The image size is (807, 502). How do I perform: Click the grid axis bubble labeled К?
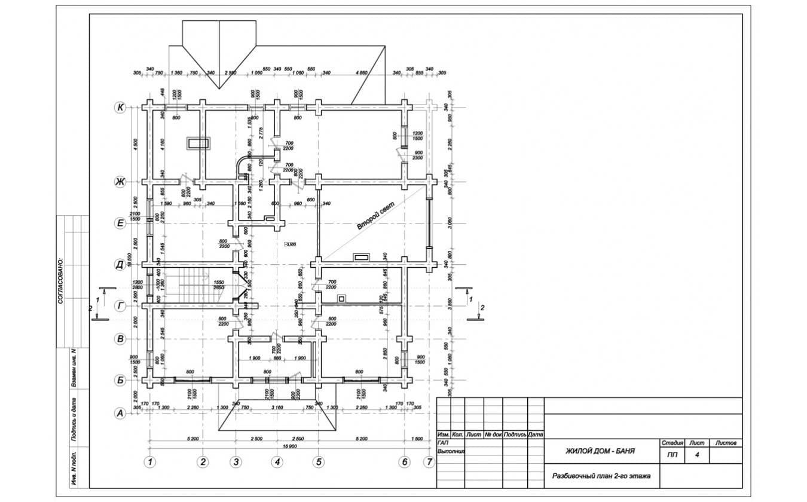click(x=120, y=108)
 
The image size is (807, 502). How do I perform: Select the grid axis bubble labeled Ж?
click(x=120, y=182)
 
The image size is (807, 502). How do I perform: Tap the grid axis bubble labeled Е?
click(x=120, y=223)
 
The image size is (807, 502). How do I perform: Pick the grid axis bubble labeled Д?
click(x=120, y=264)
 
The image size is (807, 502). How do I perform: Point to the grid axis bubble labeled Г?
click(x=120, y=306)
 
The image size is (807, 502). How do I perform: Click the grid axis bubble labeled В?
click(x=120, y=339)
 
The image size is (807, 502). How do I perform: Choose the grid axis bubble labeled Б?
click(x=120, y=379)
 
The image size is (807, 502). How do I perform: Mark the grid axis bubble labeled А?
click(x=120, y=412)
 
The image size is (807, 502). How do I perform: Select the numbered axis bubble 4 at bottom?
click(x=277, y=461)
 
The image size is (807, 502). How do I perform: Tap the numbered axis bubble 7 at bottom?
click(x=429, y=461)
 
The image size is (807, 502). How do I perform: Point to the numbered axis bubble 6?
click(x=404, y=461)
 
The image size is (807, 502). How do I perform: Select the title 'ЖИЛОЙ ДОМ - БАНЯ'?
click(x=600, y=451)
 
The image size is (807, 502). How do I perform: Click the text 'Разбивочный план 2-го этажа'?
click(x=601, y=476)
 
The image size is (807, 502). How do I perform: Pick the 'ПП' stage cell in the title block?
click(x=672, y=455)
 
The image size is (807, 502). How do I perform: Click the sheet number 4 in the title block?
click(x=696, y=455)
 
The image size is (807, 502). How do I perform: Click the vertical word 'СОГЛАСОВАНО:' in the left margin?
click(x=61, y=281)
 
